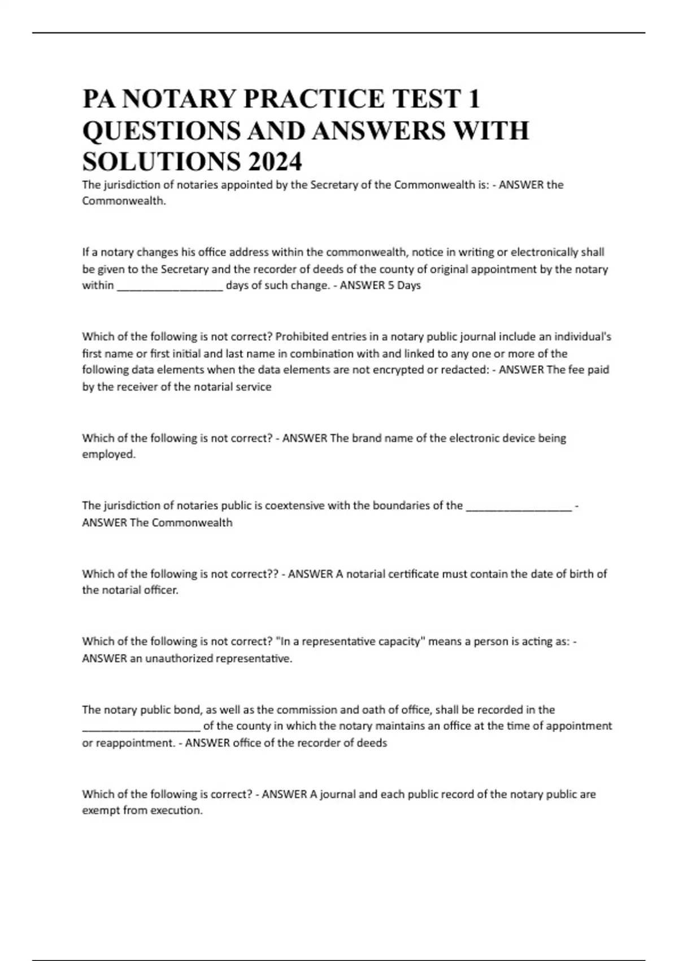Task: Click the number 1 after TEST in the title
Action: point(473,99)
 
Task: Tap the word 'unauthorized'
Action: point(179,659)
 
